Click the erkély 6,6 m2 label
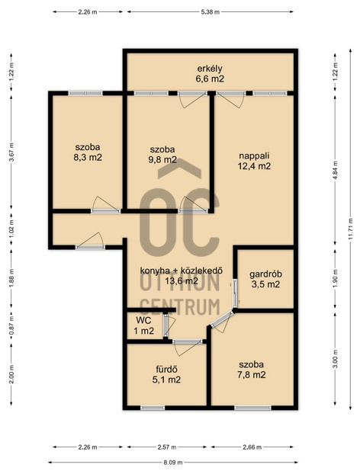pos(210,74)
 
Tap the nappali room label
pos(254,161)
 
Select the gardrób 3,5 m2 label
pos(265,279)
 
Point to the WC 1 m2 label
pos(143,325)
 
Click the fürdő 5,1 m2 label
pos(166,374)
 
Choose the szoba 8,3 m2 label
pos(88,152)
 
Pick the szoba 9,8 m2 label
pos(162,155)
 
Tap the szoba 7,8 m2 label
pos(252,370)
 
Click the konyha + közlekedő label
pos(182,271)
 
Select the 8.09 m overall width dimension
pos(173,463)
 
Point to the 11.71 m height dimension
pos(350,229)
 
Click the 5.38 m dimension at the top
pos(211,12)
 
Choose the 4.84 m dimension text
pos(335,171)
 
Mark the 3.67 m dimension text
pos(11,152)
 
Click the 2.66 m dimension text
pos(252,447)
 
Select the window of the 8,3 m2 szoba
pos(85,93)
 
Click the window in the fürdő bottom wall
pos(153,408)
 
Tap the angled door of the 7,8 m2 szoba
pos(223,319)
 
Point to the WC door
pos(166,325)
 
